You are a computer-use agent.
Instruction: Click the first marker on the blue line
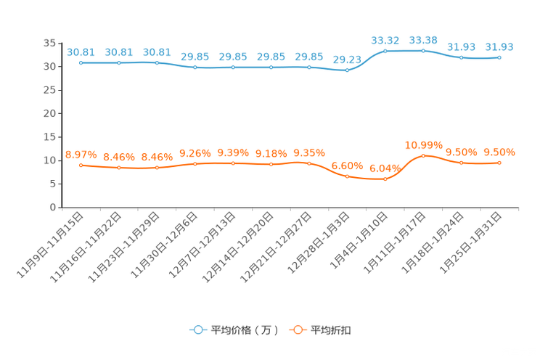point(81,63)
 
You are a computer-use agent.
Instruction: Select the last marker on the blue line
point(499,57)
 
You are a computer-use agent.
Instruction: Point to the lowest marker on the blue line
point(347,70)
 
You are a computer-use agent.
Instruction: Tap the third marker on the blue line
point(157,63)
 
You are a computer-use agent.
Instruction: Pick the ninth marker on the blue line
point(385,51)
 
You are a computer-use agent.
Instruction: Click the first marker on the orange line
point(81,165)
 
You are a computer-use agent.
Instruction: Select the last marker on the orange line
point(499,163)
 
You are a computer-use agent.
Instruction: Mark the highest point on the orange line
point(424,155)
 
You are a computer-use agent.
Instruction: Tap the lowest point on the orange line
point(385,179)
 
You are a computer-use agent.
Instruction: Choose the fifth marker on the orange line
point(233,163)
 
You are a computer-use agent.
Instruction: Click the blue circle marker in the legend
point(197,330)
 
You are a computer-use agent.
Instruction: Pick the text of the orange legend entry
point(331,330)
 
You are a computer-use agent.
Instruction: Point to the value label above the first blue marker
point(81,52)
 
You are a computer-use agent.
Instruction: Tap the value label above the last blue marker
point(499,47)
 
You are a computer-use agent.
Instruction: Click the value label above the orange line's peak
point(424,144)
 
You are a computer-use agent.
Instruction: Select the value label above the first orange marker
point(81,155)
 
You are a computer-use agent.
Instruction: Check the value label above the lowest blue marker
point(347,59)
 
